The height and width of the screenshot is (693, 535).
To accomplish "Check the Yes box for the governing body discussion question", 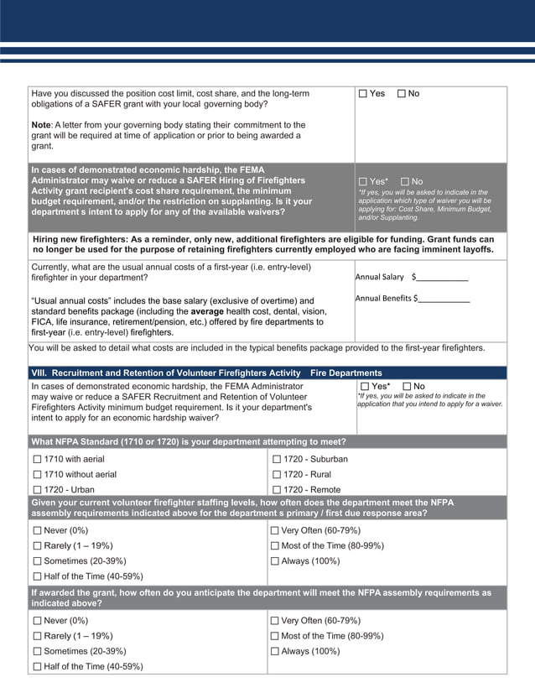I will coord(363,94).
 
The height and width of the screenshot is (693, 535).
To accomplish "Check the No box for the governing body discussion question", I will coord(402,94).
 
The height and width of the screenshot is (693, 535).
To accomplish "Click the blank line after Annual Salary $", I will coord(442,278).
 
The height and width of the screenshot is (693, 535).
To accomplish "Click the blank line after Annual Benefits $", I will coord(444,299).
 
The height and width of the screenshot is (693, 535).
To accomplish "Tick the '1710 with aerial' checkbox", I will coord(37,460).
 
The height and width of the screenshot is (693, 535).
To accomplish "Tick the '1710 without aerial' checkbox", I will coord(37,475).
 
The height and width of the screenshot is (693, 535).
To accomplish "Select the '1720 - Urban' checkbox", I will coord(37,490).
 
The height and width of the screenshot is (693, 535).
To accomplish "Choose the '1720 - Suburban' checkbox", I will coord(276,460).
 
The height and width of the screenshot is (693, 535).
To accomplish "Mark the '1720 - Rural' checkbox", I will coord(276,475).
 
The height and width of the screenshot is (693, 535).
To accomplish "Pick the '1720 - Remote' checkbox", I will coord(276,490).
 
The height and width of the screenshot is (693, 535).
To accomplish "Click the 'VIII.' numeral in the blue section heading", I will coord(38,373).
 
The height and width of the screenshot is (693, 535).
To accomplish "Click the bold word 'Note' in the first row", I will coord(42,125).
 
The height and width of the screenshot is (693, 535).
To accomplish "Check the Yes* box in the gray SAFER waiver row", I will coord(363,182).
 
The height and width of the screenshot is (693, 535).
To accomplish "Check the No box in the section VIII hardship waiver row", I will coord(407,387).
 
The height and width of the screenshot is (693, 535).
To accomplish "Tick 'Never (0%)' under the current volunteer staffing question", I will coord(37,531).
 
